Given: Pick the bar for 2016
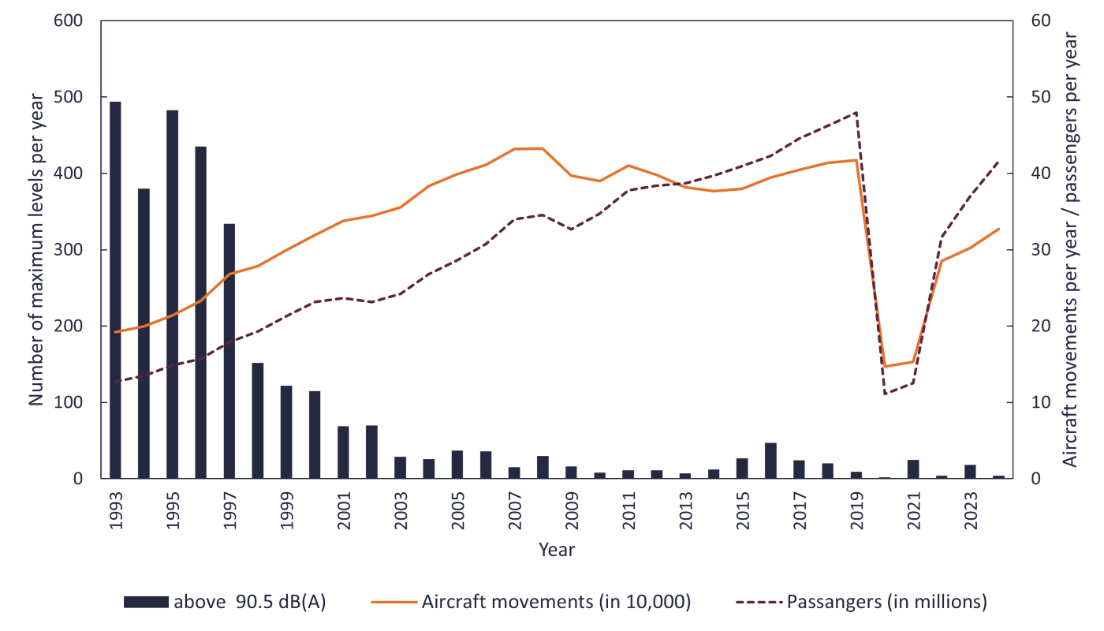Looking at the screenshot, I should coord(770,461).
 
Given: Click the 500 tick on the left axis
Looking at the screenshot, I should coord(69,97).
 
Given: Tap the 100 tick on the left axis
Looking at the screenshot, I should coord(69,402).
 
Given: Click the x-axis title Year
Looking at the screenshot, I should coord(557,550).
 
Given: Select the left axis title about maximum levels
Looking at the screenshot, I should coord(36,248).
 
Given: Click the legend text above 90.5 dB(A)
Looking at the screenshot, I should coord(249,602).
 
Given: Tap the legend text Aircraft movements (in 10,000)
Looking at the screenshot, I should coord(556,602).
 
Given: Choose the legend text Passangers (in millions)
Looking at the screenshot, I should coord(886,602).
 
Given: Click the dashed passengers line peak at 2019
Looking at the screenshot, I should coord(856,112).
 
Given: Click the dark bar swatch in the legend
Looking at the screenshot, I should coord(146,602).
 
